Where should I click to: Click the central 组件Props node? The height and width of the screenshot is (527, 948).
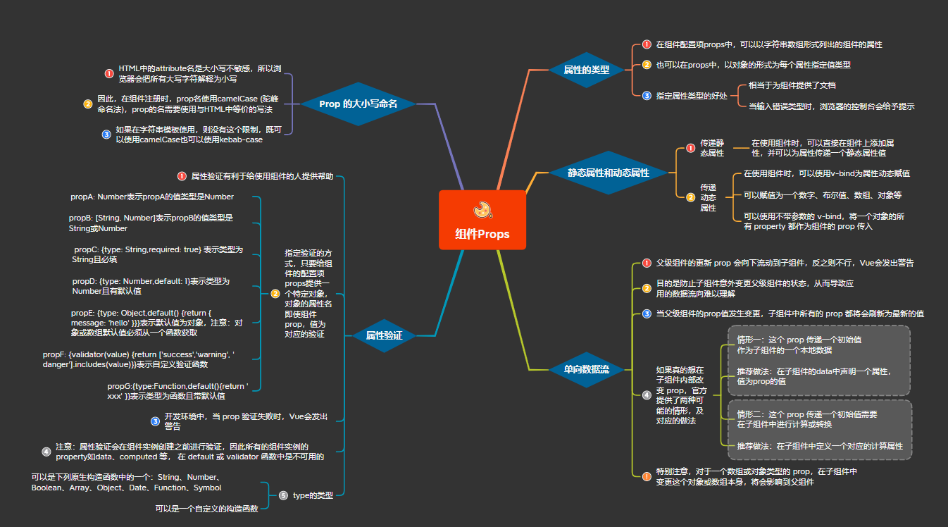click(482, 220)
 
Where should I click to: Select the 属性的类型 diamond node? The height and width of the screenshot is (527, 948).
click(586, 70)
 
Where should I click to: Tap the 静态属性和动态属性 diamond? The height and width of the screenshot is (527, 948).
click(608, 173)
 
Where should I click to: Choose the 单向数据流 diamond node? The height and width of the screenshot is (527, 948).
click(586, 370)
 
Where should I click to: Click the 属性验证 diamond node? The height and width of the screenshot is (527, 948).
click(384, 335)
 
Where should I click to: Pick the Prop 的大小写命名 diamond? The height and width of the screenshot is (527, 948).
click(358, 104)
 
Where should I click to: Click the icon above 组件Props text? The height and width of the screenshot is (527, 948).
click(482, 210)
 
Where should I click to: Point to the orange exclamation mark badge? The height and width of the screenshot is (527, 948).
click(647, 477)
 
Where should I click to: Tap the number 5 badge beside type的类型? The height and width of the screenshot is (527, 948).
click(284, 495)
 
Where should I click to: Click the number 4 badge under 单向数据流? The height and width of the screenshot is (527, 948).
click(647, 395)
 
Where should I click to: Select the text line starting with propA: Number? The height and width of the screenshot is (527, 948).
click(152, 197)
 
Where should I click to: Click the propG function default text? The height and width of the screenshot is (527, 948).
click(177, 391)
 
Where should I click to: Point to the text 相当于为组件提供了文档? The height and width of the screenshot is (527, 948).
click(792, 85)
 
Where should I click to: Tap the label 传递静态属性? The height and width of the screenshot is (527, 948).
click(712, 148)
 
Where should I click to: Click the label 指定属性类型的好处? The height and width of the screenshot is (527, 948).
click(692, 96)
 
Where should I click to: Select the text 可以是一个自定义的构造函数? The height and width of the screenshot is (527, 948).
click(206, 509)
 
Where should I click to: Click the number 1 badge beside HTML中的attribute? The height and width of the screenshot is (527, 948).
click(109, 74)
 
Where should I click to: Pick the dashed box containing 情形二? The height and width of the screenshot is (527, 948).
click(820, 430)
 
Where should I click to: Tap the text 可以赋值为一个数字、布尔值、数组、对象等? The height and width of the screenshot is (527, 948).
click(823, 195)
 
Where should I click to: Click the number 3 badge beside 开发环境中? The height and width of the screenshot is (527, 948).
click(156, 421)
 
